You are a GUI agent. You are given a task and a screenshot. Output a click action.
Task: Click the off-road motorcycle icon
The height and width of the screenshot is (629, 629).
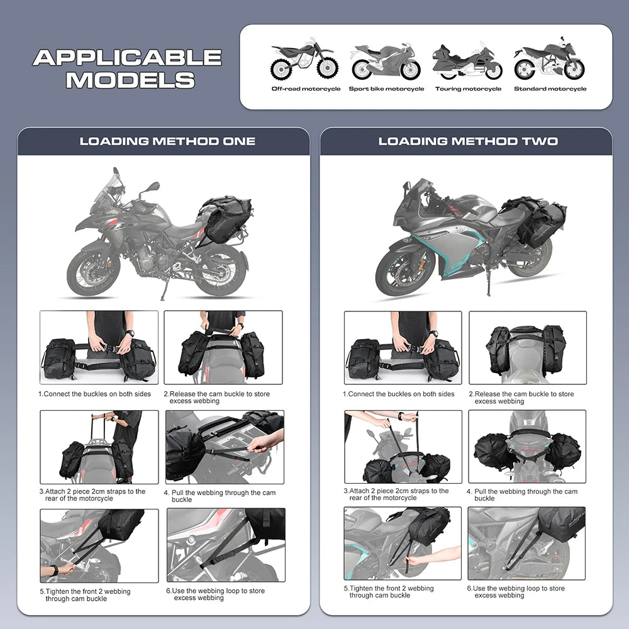[x=304, y=60]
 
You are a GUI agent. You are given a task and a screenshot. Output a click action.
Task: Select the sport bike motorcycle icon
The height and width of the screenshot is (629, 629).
[x=385, y=61]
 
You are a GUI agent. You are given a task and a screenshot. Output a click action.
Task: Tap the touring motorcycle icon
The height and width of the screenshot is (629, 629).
[x=467, y=61]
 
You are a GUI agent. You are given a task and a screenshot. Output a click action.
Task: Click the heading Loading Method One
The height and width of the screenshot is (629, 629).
[x=167, y=142]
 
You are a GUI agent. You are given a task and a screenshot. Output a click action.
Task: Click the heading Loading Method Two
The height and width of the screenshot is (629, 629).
[x=467, y=142]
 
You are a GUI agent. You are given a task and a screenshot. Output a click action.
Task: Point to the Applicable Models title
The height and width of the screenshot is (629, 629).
[x=127, y=69]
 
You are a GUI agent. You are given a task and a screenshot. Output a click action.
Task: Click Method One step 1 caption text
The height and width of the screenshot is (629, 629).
[x=95, y=394]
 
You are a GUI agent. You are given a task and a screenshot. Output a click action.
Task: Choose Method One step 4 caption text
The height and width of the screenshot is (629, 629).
[x=223, y=496]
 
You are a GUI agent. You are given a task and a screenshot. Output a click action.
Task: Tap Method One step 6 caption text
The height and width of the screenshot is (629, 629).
[x=215, y=594]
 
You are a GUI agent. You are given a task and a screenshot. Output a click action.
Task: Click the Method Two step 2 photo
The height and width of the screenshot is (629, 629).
[x=527, y=348]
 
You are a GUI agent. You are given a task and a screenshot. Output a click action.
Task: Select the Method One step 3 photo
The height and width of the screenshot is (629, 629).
[x=99, y=447]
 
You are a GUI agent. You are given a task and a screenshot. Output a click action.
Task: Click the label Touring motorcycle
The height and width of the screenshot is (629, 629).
[x=468, y=89]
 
